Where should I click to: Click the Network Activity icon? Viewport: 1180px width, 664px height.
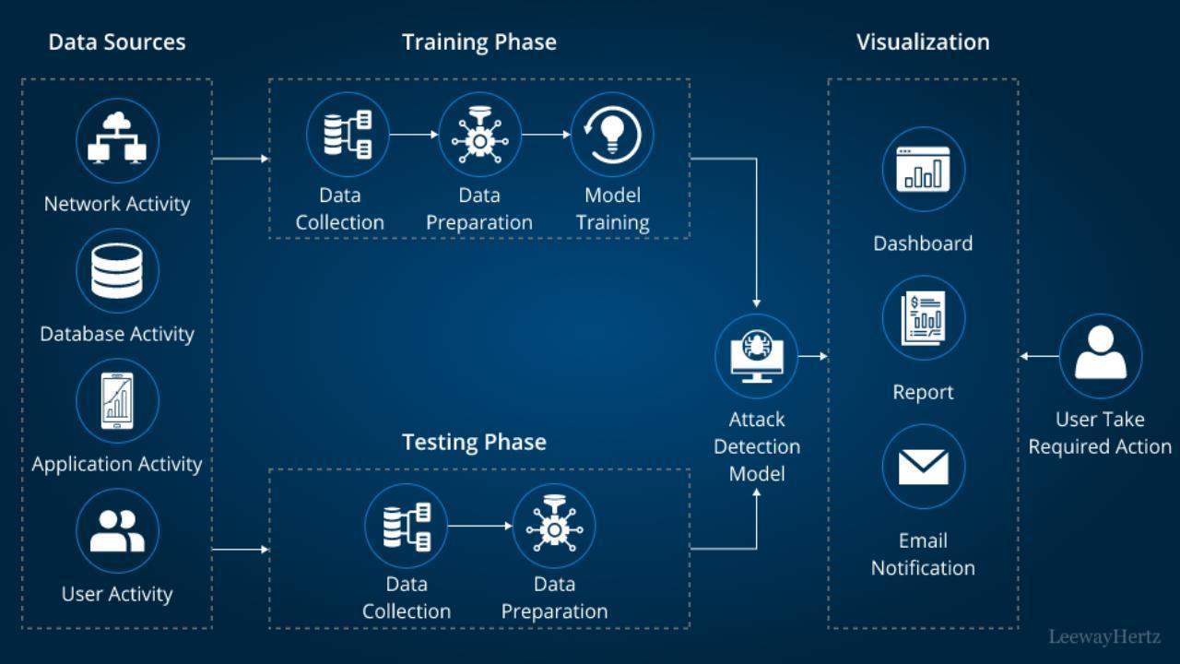(117, 141)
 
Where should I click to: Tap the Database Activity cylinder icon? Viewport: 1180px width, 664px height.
(117, 271)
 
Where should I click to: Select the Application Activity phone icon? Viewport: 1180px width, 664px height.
(117, 401)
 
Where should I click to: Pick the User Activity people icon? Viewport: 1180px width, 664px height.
(117, 531)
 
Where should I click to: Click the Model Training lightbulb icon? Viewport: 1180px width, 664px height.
(612, 135)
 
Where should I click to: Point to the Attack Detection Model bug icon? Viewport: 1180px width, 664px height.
(757, 355)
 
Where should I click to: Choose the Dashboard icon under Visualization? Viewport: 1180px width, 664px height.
(923, 170)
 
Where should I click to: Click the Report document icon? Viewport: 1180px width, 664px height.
(923, 318)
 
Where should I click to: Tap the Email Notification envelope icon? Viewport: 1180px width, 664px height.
(923, 467)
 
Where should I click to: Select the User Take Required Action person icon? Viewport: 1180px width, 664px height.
(1101, 355)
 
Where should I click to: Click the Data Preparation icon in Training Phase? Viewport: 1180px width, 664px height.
(479, 135)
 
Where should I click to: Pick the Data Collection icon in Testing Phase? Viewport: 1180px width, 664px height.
(406, 526)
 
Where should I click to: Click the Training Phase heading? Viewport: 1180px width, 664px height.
(479, 41)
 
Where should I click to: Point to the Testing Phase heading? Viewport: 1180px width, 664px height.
(474, 442)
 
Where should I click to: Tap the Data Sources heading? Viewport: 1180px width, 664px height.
(117, 41)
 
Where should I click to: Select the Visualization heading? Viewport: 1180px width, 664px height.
(923, 41)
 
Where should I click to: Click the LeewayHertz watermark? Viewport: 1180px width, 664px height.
(1104, 636)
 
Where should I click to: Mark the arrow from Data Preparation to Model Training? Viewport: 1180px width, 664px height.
(546, 135)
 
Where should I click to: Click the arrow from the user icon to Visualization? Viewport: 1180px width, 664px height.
(1039, 356)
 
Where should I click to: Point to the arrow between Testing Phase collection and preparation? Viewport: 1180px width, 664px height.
(479, 526)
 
